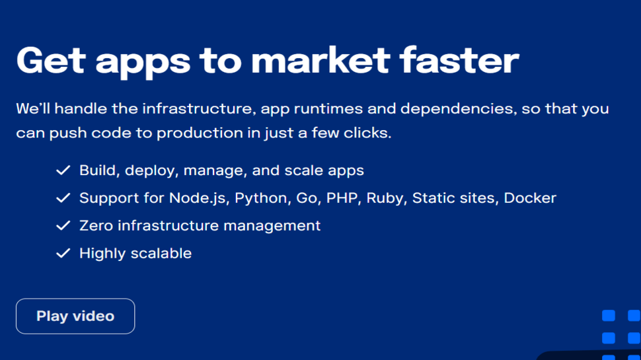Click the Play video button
pos(75,316)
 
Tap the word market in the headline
pos(320,60)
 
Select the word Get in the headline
pos(51,60)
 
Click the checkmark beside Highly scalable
pos(63,253)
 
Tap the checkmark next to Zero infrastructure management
pos(63,225)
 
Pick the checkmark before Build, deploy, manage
pos(63,170)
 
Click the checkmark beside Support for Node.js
pos(63,198)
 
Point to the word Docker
pos(530,198)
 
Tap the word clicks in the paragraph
pos(370,133)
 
